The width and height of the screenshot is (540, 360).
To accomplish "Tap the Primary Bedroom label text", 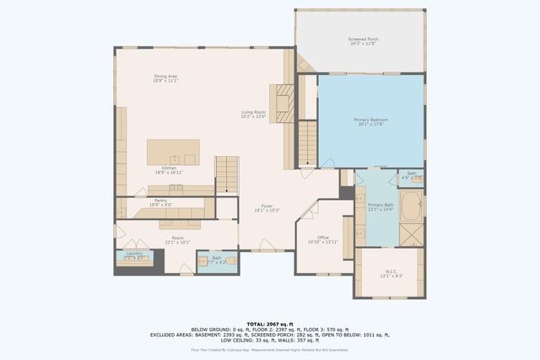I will [370, 123].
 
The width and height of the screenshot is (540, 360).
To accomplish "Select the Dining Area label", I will [165, 78].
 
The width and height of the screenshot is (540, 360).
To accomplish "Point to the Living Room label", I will [254, 114].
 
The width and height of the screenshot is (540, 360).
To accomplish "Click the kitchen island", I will [173, 153].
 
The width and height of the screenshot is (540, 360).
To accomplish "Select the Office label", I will [322, 239].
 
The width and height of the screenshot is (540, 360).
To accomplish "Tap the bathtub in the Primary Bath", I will [411, 205].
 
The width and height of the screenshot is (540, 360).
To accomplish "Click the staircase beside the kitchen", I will [227, 174].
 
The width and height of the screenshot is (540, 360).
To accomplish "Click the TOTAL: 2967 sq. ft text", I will [269, 324].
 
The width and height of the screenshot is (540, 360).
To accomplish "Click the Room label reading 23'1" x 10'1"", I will [177, 241].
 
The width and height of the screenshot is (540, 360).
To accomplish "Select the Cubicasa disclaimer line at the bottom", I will [269, 348].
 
